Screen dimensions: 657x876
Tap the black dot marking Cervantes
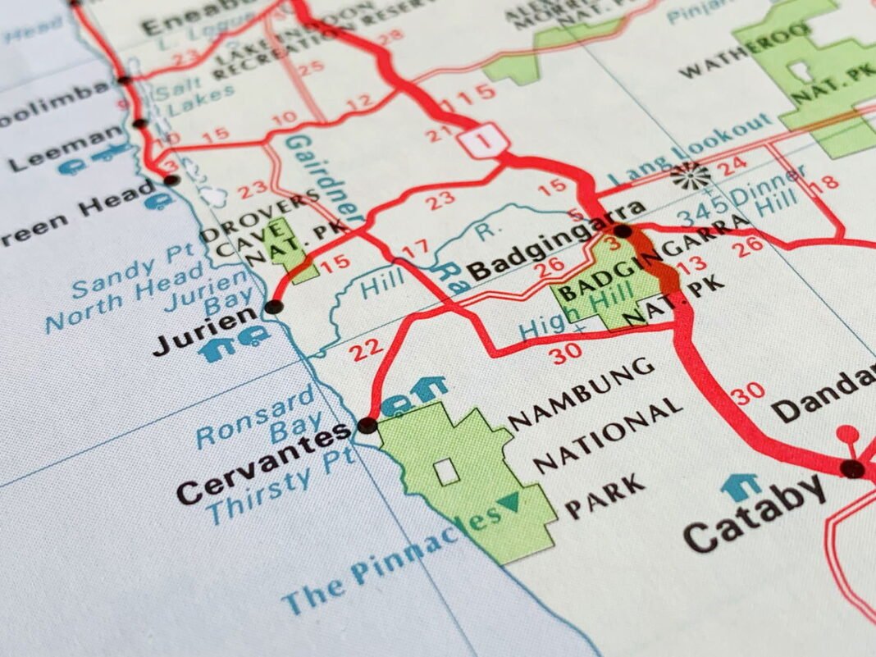pyautogui.click(x=367, y=425)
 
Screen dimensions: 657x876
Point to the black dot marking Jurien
pyautogui.click(x=274, y=308)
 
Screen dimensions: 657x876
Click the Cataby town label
pyautogui.click(x=756, y=513)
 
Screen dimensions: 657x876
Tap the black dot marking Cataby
pyautogui.click(x=853, y=469)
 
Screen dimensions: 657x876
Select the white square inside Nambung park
pyautogui.click(x=445, y=471)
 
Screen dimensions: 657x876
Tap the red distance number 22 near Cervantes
pyautogui.click(x=367, y=350)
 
